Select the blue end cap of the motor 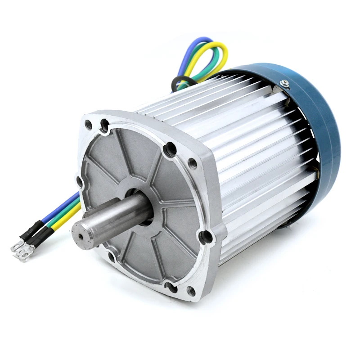(x=315, y=117)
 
